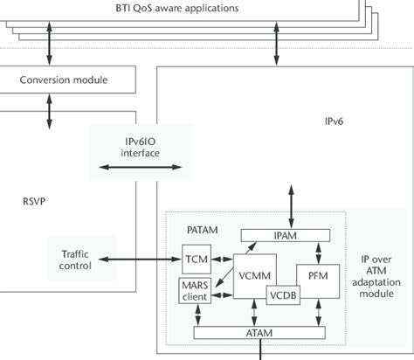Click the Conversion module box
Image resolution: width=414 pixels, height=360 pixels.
pos(63,80)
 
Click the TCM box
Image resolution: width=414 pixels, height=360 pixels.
pos(195,259)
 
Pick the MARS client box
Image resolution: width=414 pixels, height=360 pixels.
pos(195,290)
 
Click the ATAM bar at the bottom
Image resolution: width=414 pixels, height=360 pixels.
pos(259,332)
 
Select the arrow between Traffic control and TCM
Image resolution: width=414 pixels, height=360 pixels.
pos(140,259)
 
